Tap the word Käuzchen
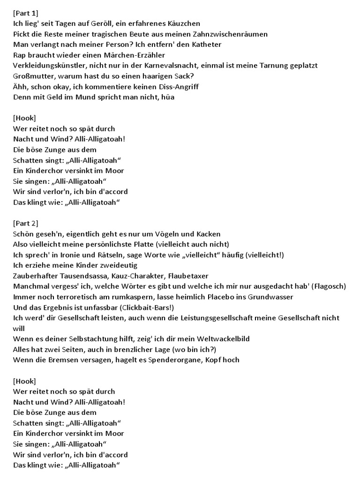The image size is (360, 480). point(183,23)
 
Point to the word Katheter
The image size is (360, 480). point(204,45)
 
